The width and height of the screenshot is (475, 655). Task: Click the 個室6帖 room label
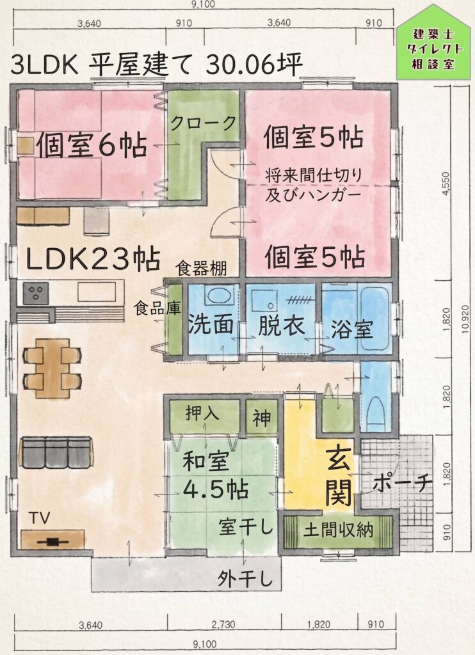pyautogui.click(x=92, y=145)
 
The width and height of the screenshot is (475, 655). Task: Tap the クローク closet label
pyautogui.click(x=203, y=123)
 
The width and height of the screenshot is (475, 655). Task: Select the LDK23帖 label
pyautogui.click(x=93, y=259)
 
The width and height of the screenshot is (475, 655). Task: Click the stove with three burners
pyautogui.click(x=36, y=293)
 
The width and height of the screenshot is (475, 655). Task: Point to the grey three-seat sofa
pyautogui.click(x=56, y=453)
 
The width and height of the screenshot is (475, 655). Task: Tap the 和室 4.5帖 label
pyautogui.click(x=215, y=475)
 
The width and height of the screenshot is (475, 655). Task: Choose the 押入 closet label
pyautogui.click(x=202, y=414)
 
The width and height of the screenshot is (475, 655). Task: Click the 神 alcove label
pyautogui.click(x=261, y=418)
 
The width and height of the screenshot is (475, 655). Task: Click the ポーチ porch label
pyautogui.click(x=402, y=484)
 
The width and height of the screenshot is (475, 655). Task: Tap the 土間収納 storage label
pyautogui.click(x=338, y=530)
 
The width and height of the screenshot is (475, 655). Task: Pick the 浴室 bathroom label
pyautogui.click(x=351, y=329)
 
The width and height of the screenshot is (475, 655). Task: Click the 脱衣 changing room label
pyautogui.click(x=281, y=326)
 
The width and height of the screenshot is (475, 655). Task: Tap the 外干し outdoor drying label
pyautogui.click(x=245, y=579)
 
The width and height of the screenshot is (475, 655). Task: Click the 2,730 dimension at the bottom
pyautogui.click(x=223, y=625)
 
